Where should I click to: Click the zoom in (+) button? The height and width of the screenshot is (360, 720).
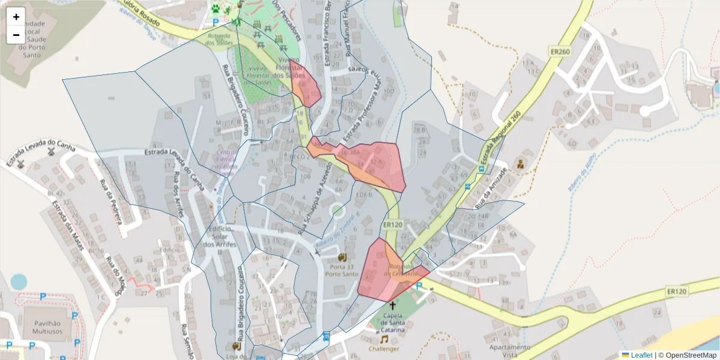(x=16, y=17)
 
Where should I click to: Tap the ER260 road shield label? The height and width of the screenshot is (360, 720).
(x=559, y=52)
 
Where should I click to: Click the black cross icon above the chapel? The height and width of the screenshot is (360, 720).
(x=392, y=305)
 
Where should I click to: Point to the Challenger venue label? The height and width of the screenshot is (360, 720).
(x=385, y=349)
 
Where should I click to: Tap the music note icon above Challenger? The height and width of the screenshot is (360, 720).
(x=384, y=339)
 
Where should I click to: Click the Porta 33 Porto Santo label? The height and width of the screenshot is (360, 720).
(x=342, y=270)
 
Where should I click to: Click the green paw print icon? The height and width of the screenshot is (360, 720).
(x=215, y=8)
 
